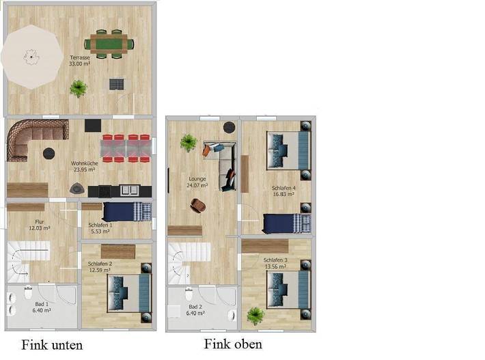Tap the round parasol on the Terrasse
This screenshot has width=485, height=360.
(30, 57)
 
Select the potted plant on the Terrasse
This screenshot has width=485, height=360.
(79, 88)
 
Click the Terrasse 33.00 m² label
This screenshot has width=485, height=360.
(80, 61)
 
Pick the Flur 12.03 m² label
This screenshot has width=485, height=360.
(40, 225)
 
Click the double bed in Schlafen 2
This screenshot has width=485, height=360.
(128, 293)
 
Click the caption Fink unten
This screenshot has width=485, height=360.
(52, 345)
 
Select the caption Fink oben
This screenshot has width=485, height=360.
(232, 344)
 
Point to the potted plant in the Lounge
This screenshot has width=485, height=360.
(188, 143)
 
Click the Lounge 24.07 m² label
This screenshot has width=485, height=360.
(197, 182)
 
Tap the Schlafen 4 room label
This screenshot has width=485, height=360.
(283, 191)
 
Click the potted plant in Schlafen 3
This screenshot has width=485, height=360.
(255, 315)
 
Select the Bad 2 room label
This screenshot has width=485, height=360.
(195, 310)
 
